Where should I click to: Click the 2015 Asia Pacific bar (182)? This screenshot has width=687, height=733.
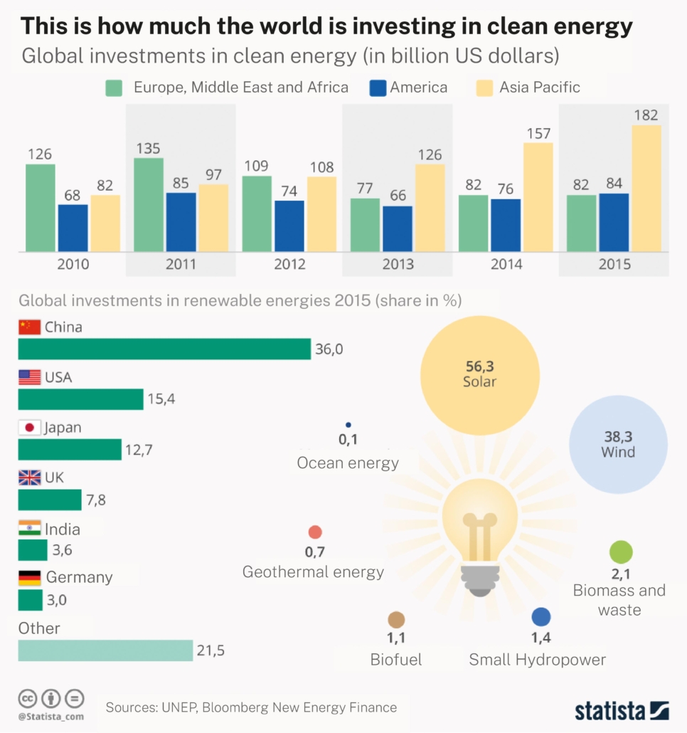point(646,189)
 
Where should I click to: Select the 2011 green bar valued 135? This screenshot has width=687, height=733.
point(149,204)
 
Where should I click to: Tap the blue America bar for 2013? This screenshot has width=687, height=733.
point(397,228)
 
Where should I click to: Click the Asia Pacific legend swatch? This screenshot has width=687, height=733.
point(484,88)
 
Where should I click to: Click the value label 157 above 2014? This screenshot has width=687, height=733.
point(538,134)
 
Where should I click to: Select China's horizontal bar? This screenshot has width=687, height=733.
point(164,349)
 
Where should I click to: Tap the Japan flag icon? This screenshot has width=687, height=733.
point(29,428)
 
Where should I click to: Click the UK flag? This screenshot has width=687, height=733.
point(29,478)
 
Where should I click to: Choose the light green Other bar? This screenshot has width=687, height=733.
point(105,650)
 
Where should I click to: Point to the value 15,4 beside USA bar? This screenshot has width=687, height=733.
point(161,399)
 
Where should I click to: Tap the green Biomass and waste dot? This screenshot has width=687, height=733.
point(621,552)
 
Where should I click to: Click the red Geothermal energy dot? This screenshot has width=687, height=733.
point(315,532)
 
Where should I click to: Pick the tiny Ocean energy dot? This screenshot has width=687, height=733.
point(348,425)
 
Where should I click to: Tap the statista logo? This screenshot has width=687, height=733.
point(621,710)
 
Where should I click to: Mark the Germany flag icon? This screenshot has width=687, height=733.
point(29,577)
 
